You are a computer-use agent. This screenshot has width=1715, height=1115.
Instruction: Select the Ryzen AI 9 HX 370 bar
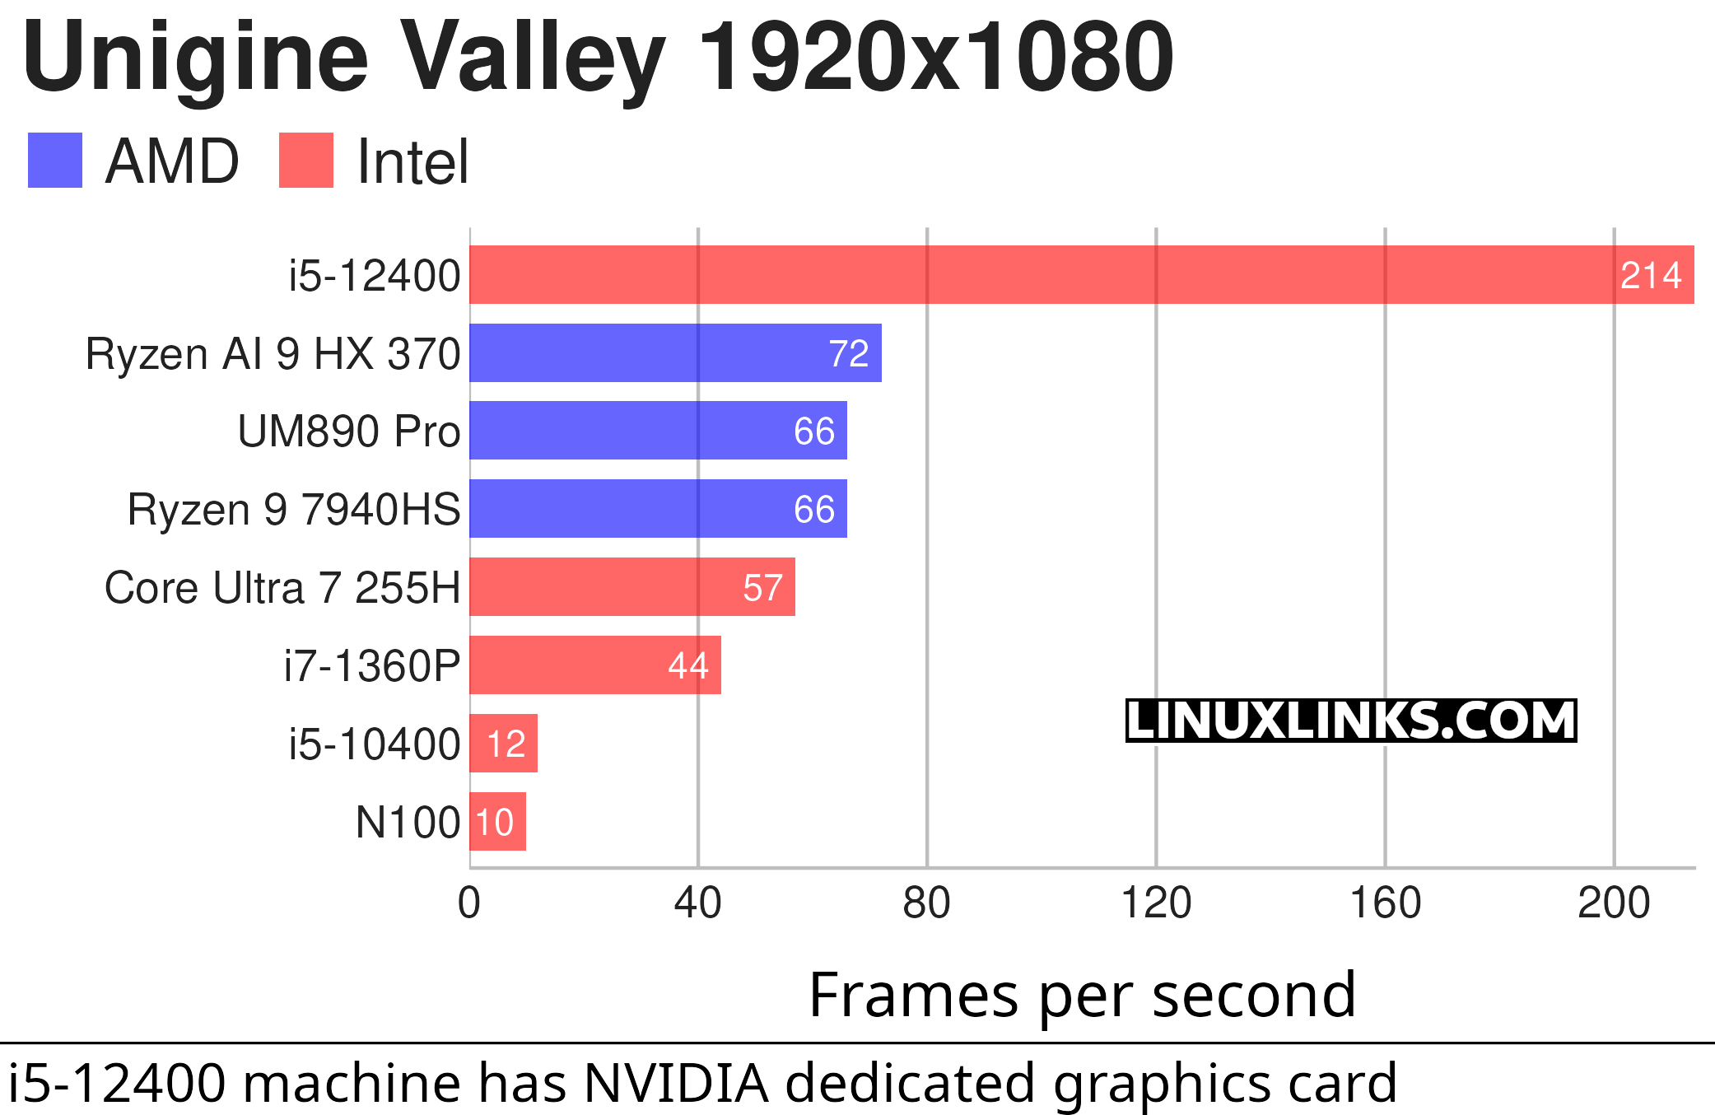coord(675,352)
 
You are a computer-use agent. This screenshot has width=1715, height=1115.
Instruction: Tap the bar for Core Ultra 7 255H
coord(631,586)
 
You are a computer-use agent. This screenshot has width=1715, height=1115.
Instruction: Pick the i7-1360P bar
coord(594,665)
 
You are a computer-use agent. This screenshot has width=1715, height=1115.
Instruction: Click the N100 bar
coord(497,821)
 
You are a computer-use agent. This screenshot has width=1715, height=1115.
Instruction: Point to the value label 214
coord(1650,275)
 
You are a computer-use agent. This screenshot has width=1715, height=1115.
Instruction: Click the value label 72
coord(848,353)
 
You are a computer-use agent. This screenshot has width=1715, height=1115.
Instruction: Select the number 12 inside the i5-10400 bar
coord(506,744)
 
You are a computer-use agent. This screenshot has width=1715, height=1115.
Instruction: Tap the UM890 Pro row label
coord(348,431)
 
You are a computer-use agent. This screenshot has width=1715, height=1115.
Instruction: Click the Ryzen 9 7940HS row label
coord(294,509)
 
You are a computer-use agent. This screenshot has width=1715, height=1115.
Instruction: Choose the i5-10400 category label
coord(374,744)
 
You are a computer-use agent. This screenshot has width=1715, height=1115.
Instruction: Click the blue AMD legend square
coord(55,160)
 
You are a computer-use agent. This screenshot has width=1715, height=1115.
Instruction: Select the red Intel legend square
coord(305,160)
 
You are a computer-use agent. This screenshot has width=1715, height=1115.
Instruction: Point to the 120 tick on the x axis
coord(1156,903)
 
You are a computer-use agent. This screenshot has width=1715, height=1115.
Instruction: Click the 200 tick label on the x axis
coord(1613,903)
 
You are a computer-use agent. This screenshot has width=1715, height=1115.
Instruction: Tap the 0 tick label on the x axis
coord(469,903)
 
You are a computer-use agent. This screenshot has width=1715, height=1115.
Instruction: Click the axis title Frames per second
coord(1082,995)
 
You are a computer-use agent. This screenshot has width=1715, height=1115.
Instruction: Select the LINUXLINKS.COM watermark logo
coord(1350,721)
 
